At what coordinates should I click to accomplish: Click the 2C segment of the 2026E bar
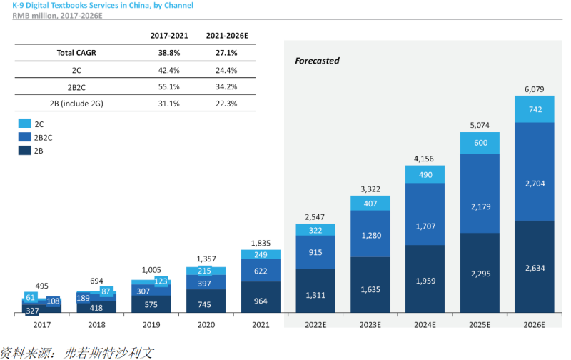tap(534, 109)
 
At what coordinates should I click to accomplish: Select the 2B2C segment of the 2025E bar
tap(480, 194)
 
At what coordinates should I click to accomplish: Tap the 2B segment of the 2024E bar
tap(425, 279)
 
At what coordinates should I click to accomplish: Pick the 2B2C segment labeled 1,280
tap(370, 234)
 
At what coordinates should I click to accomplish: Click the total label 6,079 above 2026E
tap(534, 89)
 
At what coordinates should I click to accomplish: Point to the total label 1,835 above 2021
tap(261, 243)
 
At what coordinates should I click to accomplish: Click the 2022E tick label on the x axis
tap(315, 325)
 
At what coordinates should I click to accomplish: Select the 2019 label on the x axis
tap(151, 325)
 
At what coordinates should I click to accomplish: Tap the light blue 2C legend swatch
tap(25, 124)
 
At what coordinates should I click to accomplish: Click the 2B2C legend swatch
tap(25, 137)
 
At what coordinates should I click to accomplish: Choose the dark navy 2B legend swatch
tap(25, 150)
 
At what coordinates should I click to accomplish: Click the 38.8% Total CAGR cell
tap(169, 53)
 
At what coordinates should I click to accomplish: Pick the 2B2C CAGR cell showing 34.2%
tap(226, 86)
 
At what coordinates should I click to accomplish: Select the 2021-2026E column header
tap(227, 36)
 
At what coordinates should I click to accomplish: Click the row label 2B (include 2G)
tap(76, 104)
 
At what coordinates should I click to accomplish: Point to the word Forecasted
tap(317, 61)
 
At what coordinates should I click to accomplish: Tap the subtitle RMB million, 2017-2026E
tap(57, 16)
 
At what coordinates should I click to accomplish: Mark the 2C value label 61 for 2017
tap(31, 298)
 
